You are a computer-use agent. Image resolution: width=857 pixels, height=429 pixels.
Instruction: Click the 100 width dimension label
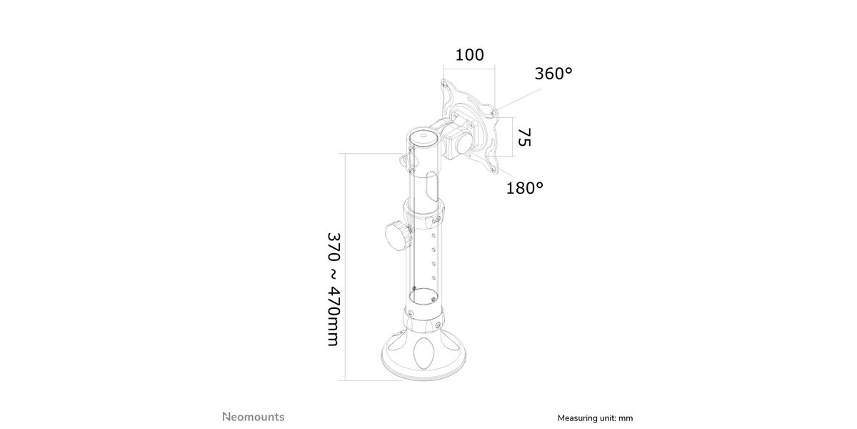(469, 55)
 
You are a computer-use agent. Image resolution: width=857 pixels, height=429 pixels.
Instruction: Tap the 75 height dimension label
(524, 137)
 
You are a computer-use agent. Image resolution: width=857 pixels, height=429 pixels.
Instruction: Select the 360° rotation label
(553, 74)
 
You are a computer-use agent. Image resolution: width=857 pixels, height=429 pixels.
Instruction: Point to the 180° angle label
(524, 188)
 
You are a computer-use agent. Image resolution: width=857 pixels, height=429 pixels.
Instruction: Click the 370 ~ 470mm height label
(334, 290)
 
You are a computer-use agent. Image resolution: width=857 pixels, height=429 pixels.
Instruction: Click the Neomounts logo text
(254, 417)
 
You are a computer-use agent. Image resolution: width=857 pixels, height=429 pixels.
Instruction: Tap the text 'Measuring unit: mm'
(595, 418)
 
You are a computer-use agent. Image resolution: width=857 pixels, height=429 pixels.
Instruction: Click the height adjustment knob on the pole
(398, 236)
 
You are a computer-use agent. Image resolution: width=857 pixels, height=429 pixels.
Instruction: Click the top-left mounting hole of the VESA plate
(444, 85)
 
